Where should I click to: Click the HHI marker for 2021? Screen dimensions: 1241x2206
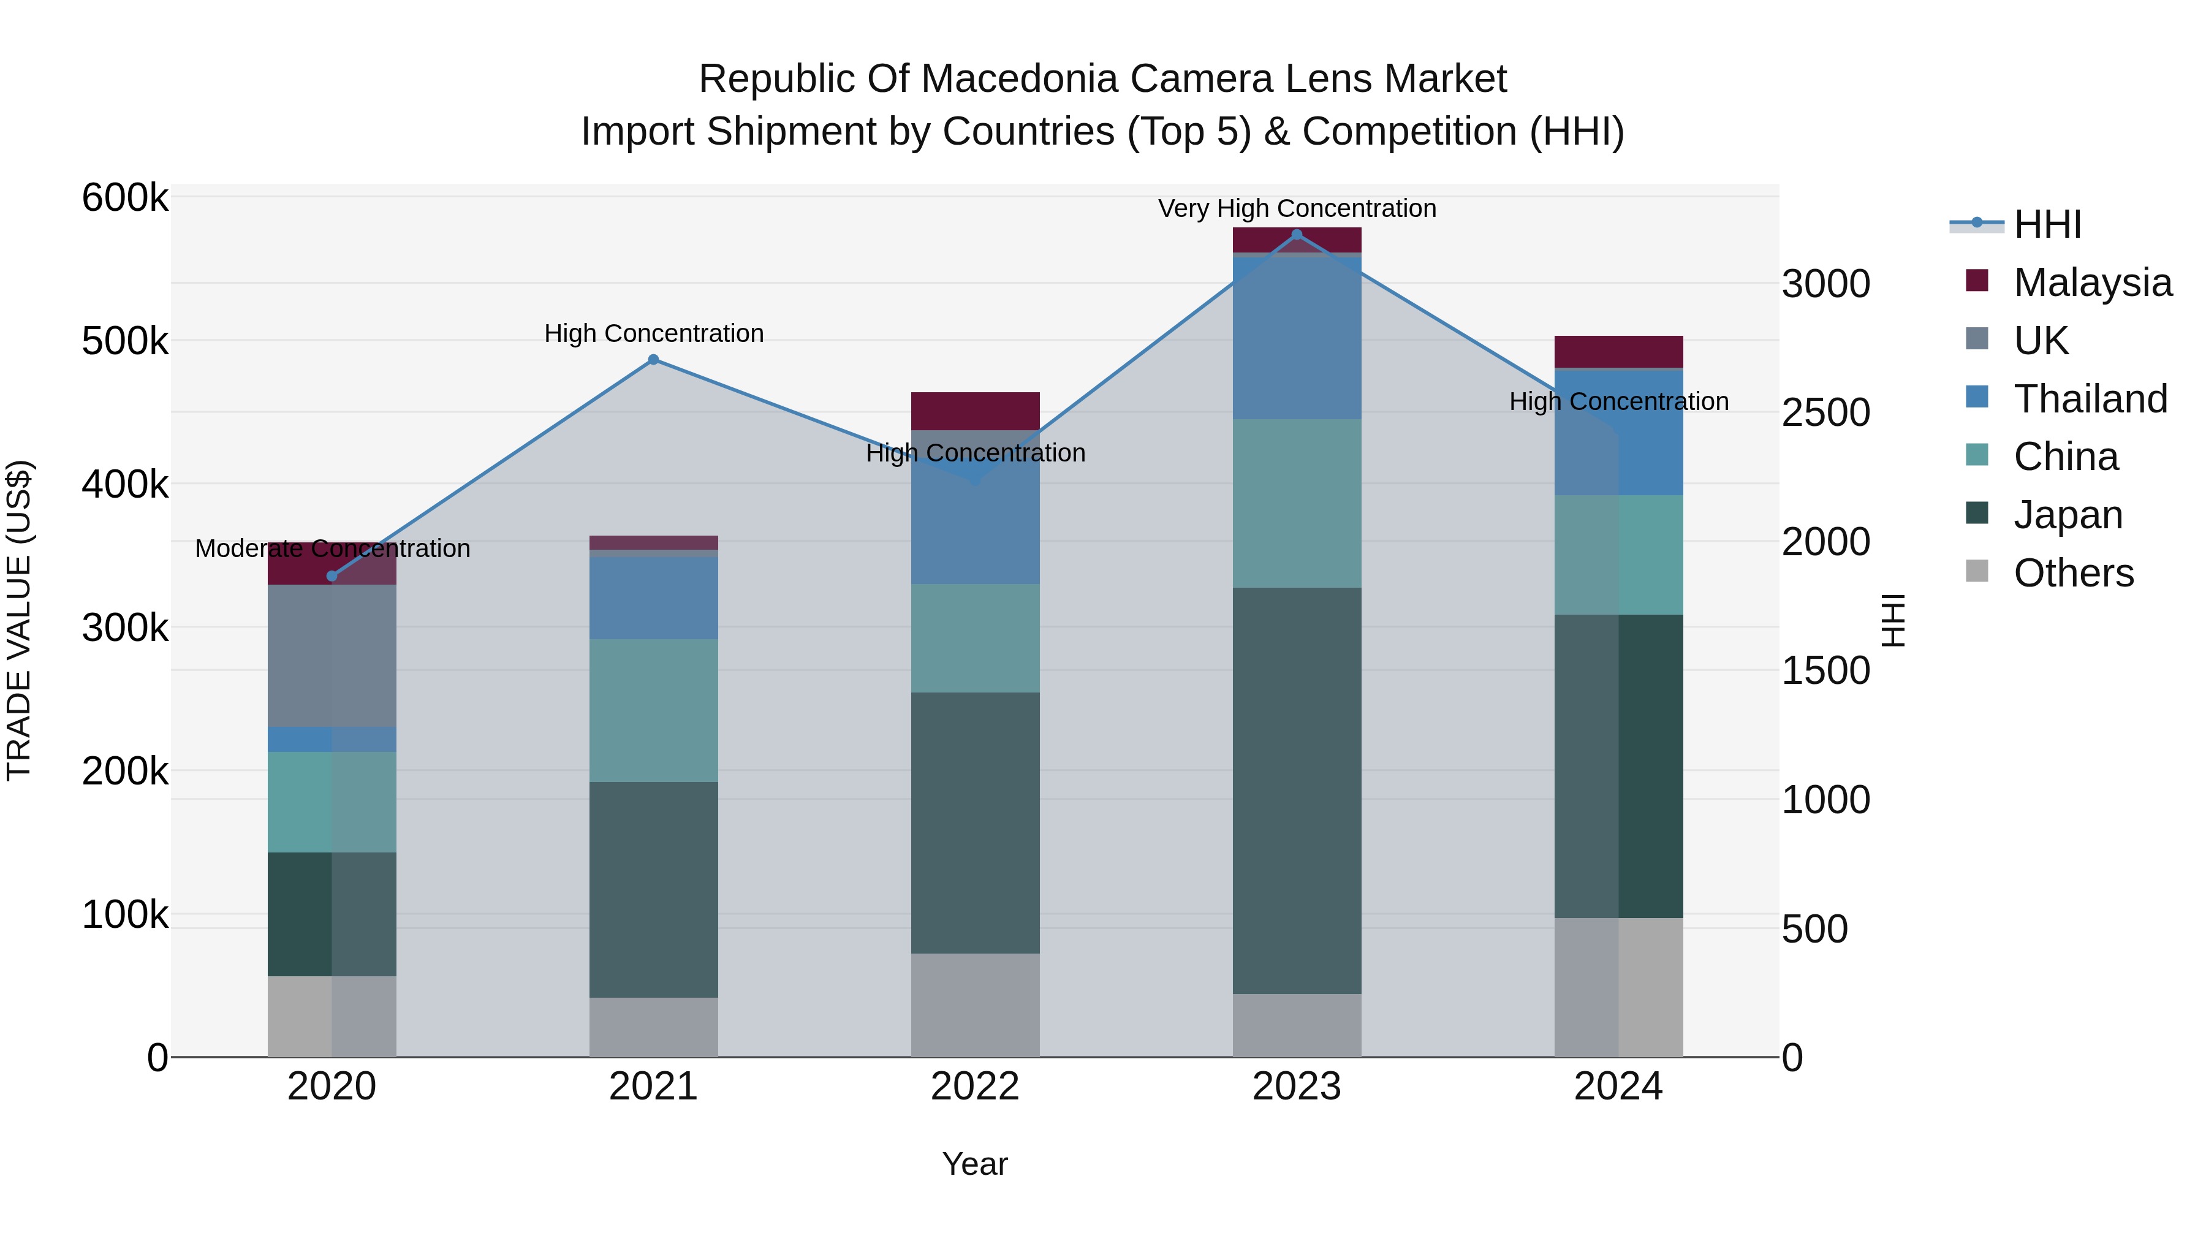pos(653,360)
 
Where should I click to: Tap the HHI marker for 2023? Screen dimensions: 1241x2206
pos(1297,235)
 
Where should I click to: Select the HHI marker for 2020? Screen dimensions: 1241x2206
pos(332,577)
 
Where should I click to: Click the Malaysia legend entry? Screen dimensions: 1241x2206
pos(2092,283)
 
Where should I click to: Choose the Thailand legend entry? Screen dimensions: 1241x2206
pos(2090,399)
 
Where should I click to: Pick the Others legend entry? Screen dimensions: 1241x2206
pos(2072,573)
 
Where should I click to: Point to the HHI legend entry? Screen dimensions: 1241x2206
pos(2047,224)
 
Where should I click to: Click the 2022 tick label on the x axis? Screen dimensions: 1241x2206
pos(974,1087)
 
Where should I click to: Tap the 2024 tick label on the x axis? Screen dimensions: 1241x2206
pos(1618,1087)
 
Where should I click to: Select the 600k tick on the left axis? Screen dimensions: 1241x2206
pos(125,198)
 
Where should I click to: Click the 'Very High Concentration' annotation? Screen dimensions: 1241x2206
pos(1297,209)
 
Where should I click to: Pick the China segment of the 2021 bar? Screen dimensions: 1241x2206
pos(653,710)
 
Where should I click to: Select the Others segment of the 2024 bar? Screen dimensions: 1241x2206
pos(1618,987)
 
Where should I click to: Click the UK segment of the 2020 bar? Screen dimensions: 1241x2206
pos(332,655)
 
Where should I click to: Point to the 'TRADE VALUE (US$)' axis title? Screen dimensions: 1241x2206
pos(19,620)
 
